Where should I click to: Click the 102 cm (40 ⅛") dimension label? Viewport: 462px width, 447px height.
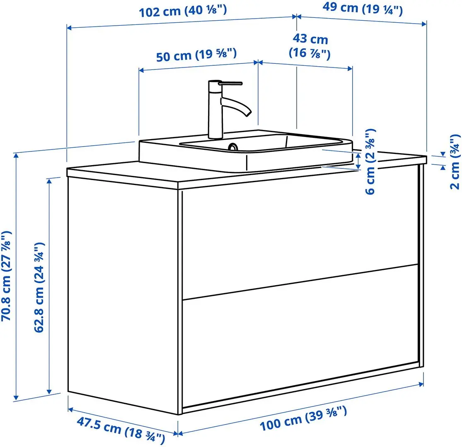(x=183, y=11)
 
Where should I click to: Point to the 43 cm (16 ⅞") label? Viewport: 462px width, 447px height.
(x=310, y=46)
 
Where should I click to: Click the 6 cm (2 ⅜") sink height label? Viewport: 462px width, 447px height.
(x=370, y=161)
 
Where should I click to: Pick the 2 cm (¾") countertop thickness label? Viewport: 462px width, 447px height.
(x=455, y=161)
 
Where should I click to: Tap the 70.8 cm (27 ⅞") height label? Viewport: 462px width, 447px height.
(x=7, y=276)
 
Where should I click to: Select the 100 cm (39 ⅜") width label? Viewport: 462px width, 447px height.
(x=303, y=418)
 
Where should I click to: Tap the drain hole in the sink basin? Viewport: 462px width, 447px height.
(x=233, y=147)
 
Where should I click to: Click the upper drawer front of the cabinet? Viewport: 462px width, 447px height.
(x=298, y=236)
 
